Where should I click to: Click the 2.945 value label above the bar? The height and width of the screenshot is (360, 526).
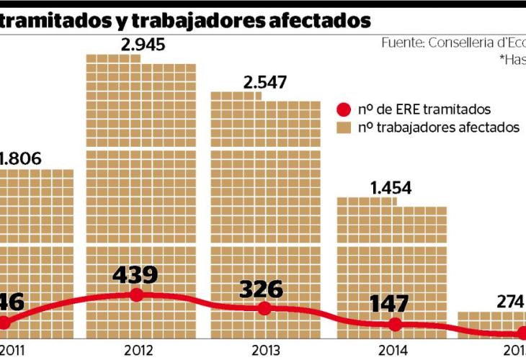(143, 45)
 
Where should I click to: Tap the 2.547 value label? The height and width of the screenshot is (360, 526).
(265, 82)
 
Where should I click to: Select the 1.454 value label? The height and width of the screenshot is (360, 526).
(391, 189)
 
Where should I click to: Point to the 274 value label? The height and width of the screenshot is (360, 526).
(510, 302)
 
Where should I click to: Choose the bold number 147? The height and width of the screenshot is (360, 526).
(391, 304)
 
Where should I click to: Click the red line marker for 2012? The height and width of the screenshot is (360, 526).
(137, 294)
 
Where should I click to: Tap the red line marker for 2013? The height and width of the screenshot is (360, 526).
(264, 308)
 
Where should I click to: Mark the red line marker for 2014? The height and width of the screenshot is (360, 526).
(395, 325)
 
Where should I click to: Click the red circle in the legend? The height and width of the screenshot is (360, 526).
(344, 110)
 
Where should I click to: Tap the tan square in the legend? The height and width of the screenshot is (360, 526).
(344, 128)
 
